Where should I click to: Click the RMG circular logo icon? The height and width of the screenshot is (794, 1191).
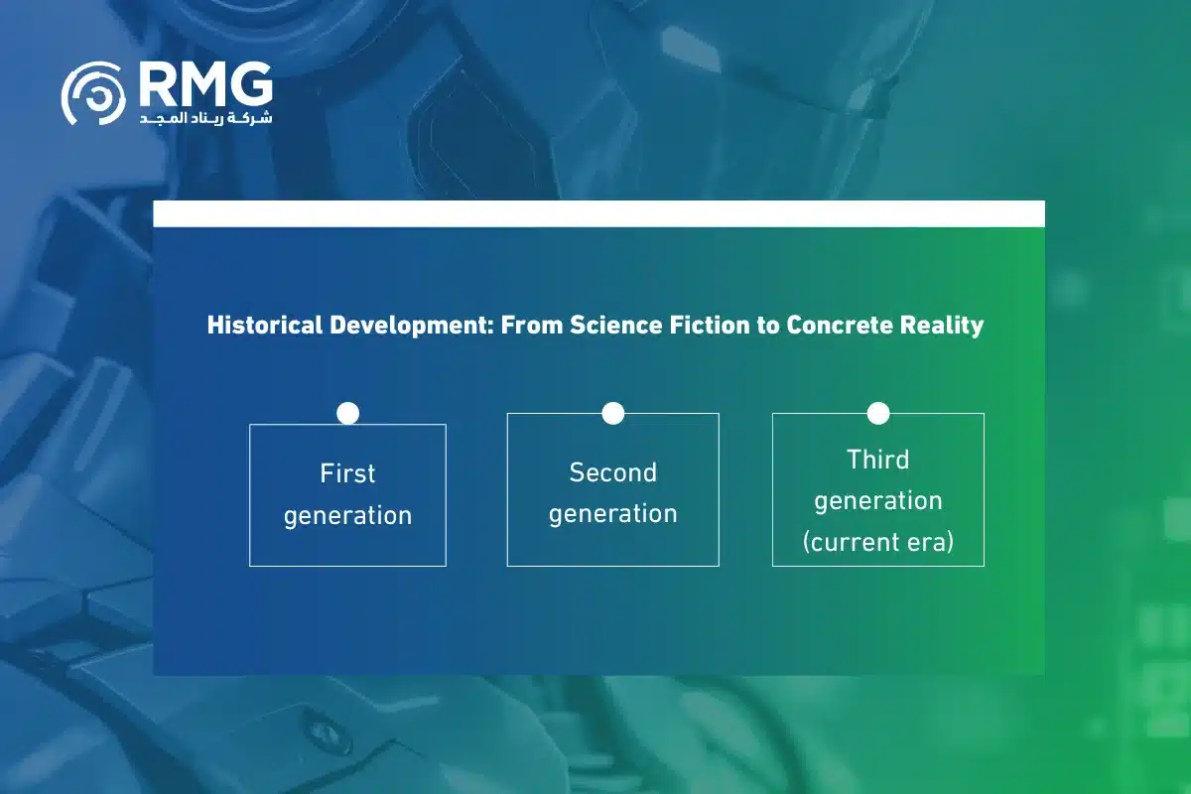(93, 93)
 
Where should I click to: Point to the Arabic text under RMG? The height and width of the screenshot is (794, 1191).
(206, 117)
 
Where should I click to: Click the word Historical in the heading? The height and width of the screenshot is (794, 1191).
(265, 325)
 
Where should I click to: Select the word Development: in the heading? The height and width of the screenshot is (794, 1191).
(412, 326)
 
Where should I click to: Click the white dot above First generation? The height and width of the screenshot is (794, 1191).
(347, 413)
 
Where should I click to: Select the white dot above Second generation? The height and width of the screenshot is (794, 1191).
(613, 413)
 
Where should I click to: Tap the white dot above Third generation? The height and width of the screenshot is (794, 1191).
(878, 413)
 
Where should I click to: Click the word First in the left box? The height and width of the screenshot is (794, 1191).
(347, 473)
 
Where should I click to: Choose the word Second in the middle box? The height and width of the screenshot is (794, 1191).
(613, 472)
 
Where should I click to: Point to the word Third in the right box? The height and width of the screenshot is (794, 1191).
(878, 460)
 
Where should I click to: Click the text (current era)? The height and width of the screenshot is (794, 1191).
(878, 543)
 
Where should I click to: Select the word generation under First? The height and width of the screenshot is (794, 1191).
(347, 516)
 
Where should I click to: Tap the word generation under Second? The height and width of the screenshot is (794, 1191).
(613, 515)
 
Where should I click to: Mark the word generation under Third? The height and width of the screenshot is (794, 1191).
(878, 501)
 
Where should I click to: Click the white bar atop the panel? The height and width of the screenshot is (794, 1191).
(598, 213)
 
